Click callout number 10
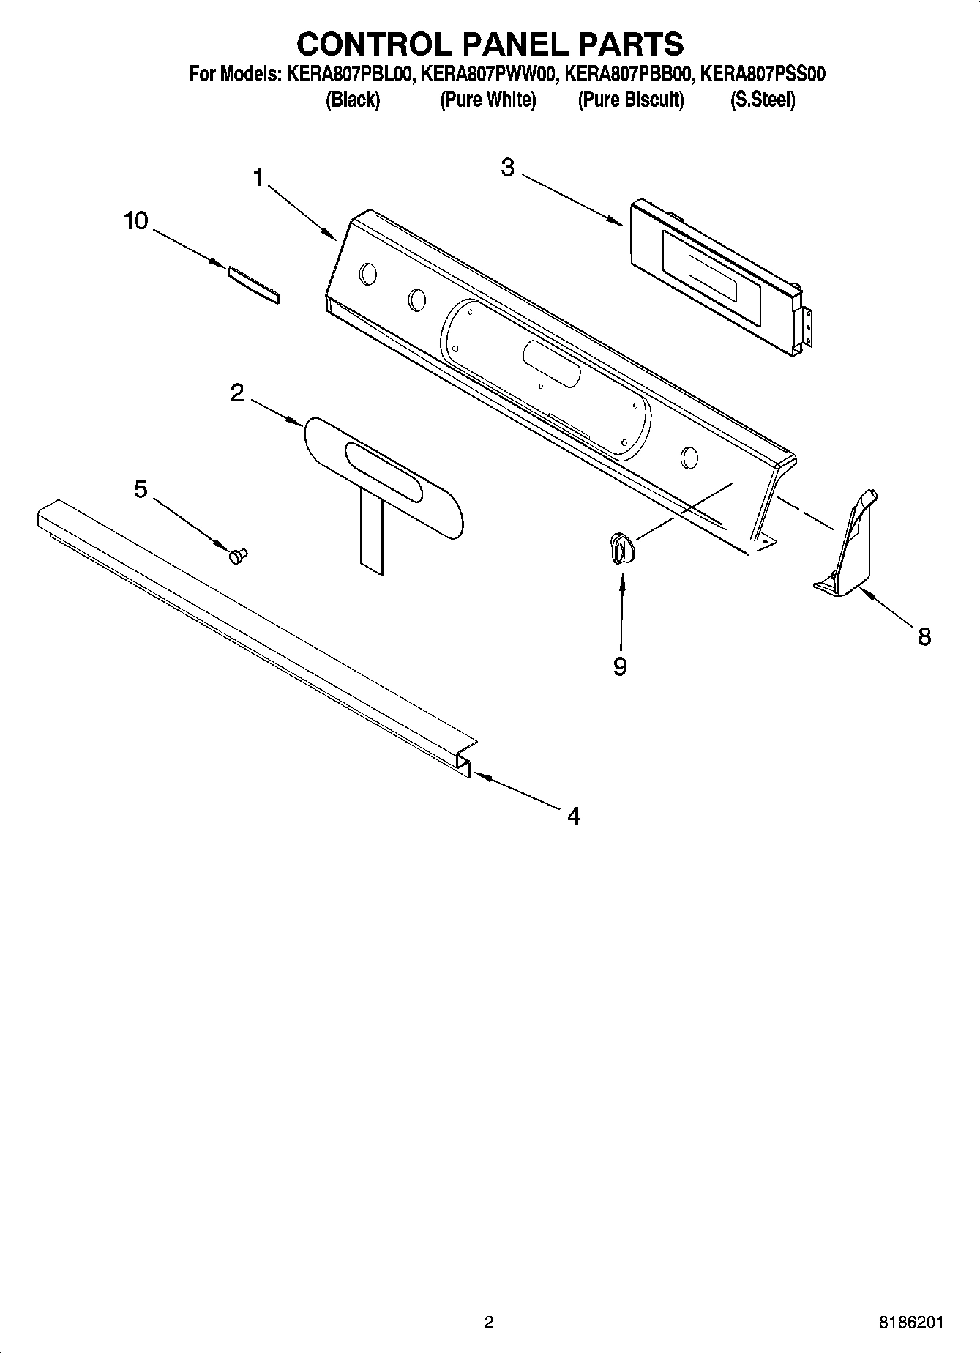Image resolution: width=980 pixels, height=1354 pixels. (136, 220)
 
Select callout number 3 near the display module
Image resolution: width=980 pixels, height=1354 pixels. (508, 168)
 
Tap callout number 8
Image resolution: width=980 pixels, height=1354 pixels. (924, 637)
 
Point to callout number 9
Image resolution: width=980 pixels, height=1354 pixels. (620, 666)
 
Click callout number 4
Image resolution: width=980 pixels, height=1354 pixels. (574, 816)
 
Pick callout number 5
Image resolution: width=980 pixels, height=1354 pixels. (141, 488)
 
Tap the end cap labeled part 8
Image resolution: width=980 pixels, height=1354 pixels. (849, 546)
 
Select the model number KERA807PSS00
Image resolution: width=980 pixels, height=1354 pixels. (763, 74)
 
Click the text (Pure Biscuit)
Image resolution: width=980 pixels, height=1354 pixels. (631, 100)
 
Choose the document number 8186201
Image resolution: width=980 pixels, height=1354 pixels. (911, 1323)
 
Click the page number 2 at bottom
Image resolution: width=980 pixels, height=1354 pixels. (489, 1323)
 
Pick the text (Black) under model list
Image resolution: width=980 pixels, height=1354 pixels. (352, 100)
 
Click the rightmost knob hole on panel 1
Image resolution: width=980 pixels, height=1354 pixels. (689, 458)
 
